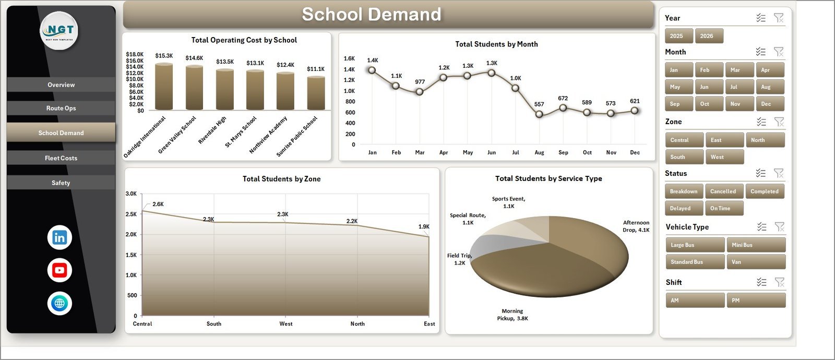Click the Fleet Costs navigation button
(61, 158)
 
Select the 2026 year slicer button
(709, 36)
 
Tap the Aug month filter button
(770, 87)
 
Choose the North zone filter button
(765, 140)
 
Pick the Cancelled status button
(724, 191)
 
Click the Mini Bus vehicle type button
(756, 245)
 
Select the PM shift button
(756, 301)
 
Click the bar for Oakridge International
(164, 87)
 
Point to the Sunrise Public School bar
(316, 93)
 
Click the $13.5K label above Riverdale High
(225, 62)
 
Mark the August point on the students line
(539, 114)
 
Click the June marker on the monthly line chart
(492, 73)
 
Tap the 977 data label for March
(420, 81)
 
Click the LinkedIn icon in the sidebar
(59, 237)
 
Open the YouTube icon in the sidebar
(59, 270)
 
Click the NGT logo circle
(59, 31)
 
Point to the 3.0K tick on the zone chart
(131, 194)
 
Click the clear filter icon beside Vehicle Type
(780, 226)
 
